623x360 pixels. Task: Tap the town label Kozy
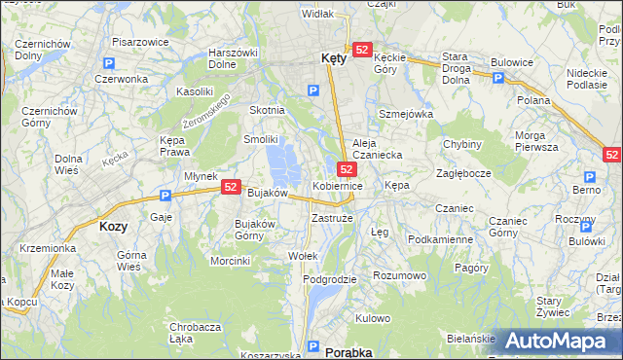pos(113,225)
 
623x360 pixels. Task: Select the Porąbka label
pos(348,352)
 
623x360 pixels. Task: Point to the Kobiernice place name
pos(338,185)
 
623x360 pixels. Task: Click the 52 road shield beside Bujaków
pos(231,187)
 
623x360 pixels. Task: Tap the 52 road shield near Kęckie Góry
pos(362,50)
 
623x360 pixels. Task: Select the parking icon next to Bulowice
pos(505,79)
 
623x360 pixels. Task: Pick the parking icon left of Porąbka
pos(311,346)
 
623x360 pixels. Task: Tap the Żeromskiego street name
pos(205,114)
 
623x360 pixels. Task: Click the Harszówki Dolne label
pos(233,58)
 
